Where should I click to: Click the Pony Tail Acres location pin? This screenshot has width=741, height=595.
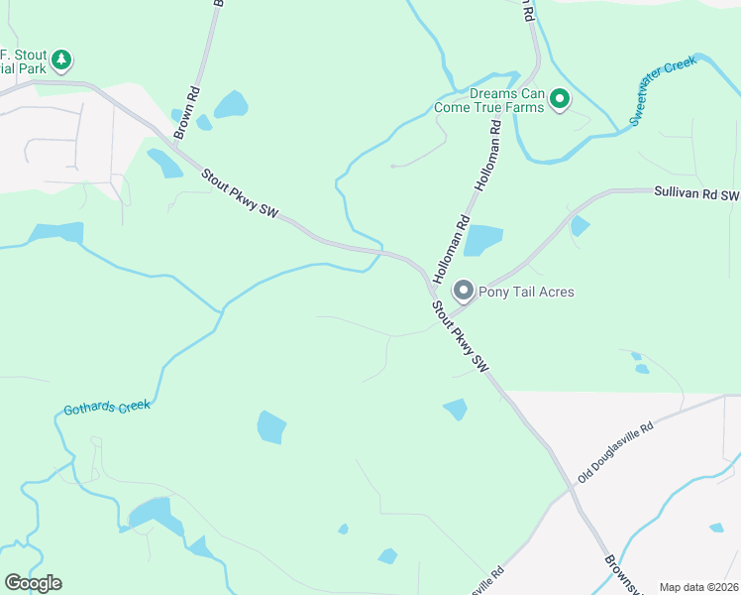463,291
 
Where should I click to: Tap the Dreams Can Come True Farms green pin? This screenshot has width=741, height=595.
559,98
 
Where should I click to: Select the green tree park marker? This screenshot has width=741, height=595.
61,59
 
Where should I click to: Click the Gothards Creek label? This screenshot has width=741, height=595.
107,407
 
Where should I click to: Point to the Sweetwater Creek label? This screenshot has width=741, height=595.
664,90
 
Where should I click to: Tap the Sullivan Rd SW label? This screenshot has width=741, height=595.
696,192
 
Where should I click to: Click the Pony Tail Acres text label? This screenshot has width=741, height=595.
526,292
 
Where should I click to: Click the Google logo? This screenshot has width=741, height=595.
33,582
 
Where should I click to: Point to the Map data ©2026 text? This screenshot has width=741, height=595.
697,587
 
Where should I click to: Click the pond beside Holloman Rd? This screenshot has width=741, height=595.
482,240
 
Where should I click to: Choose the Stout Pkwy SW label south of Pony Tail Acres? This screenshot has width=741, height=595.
462,336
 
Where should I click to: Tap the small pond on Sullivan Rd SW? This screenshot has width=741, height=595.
580,226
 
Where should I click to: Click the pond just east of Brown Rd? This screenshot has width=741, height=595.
231,104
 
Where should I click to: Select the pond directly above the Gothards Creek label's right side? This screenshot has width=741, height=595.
271,426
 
